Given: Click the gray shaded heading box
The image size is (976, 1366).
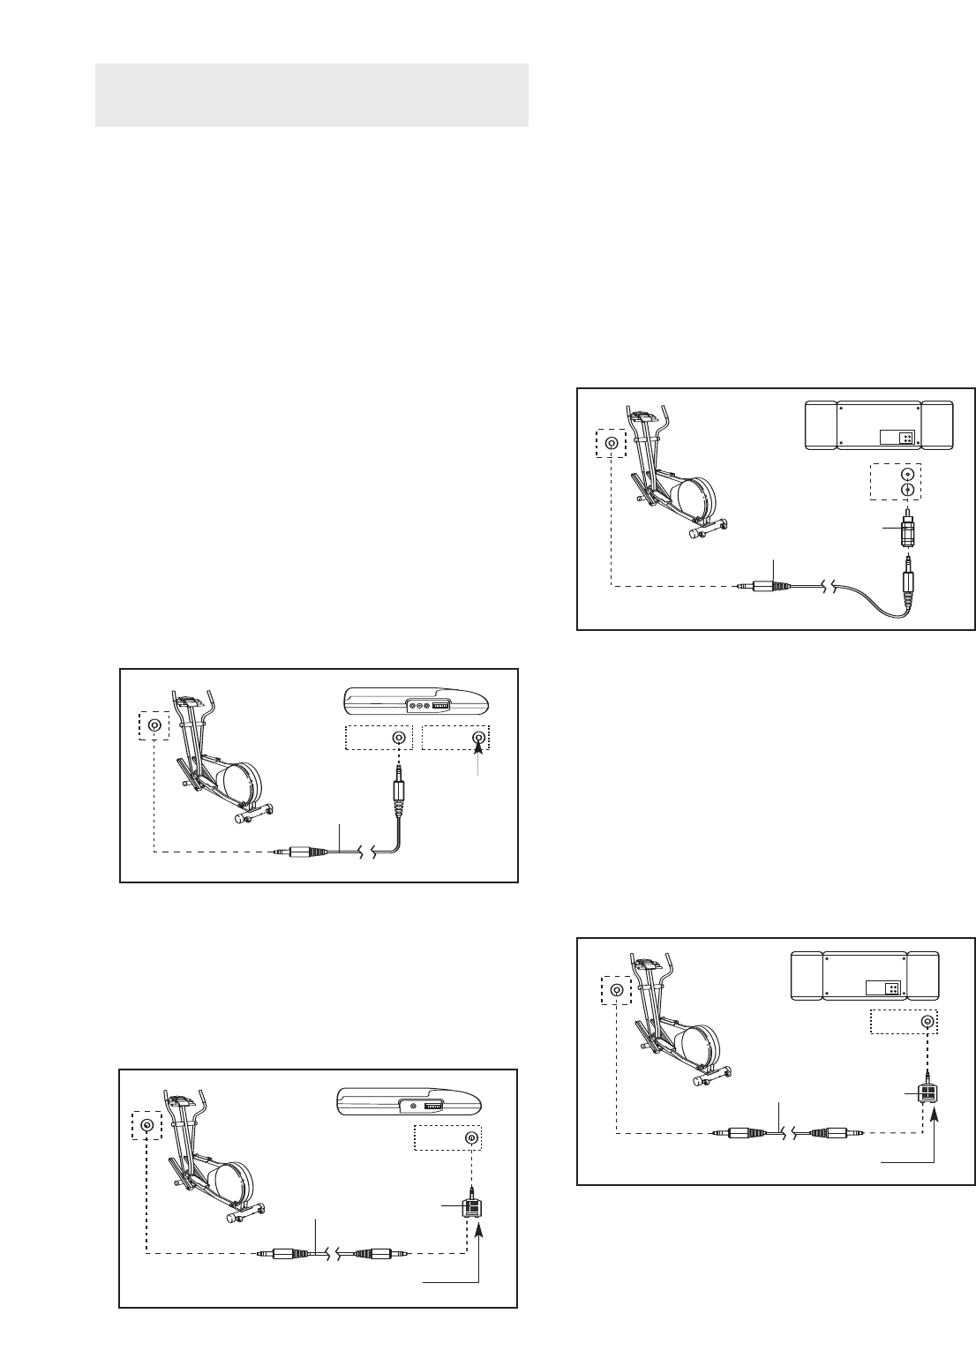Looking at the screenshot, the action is tap(311, 94).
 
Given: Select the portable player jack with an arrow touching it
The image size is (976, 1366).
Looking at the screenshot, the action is tap(479, 738).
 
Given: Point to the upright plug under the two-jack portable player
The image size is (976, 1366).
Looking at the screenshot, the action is tap(399, 789).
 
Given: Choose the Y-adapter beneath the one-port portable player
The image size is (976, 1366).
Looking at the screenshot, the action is tap(471, 1210).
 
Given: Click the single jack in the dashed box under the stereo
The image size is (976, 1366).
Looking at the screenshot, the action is tap(927, 1022).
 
